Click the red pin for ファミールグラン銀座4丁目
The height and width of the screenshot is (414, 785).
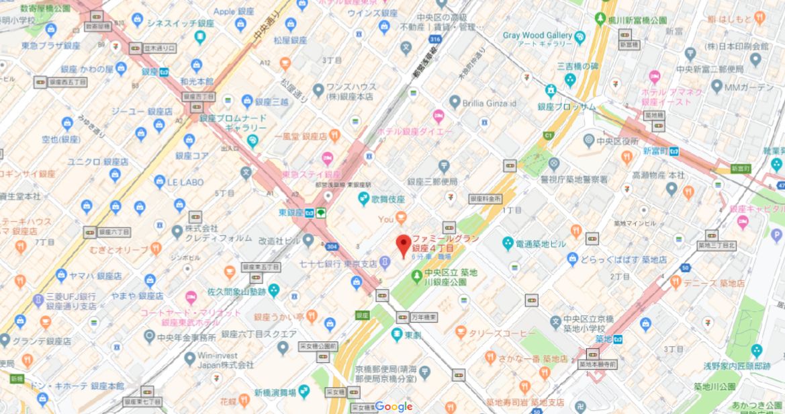click(403, 245)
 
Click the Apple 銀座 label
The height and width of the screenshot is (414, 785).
click(253, 11)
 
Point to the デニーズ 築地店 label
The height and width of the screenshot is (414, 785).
click(714, 283)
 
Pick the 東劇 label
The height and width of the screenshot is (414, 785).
click(413, 334)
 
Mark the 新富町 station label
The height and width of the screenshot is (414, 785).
click(655, 151)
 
